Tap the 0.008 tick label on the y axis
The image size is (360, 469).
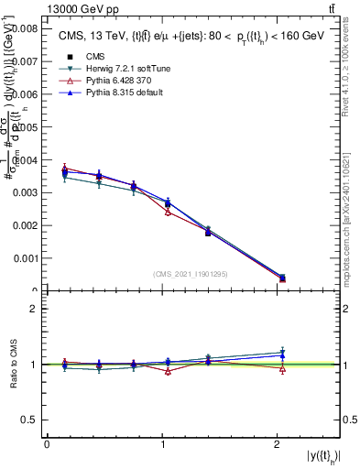(x=24, y=29)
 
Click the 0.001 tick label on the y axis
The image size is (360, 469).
(x=24, y=258)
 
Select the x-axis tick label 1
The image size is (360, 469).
(x=162, y=444)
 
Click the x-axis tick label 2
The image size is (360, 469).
(x=278, y=444)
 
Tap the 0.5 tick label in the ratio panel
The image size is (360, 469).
(x=29, y=420)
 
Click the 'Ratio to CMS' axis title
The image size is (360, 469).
(x=13, y=364)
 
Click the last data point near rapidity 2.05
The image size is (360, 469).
(x=282, y=278)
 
